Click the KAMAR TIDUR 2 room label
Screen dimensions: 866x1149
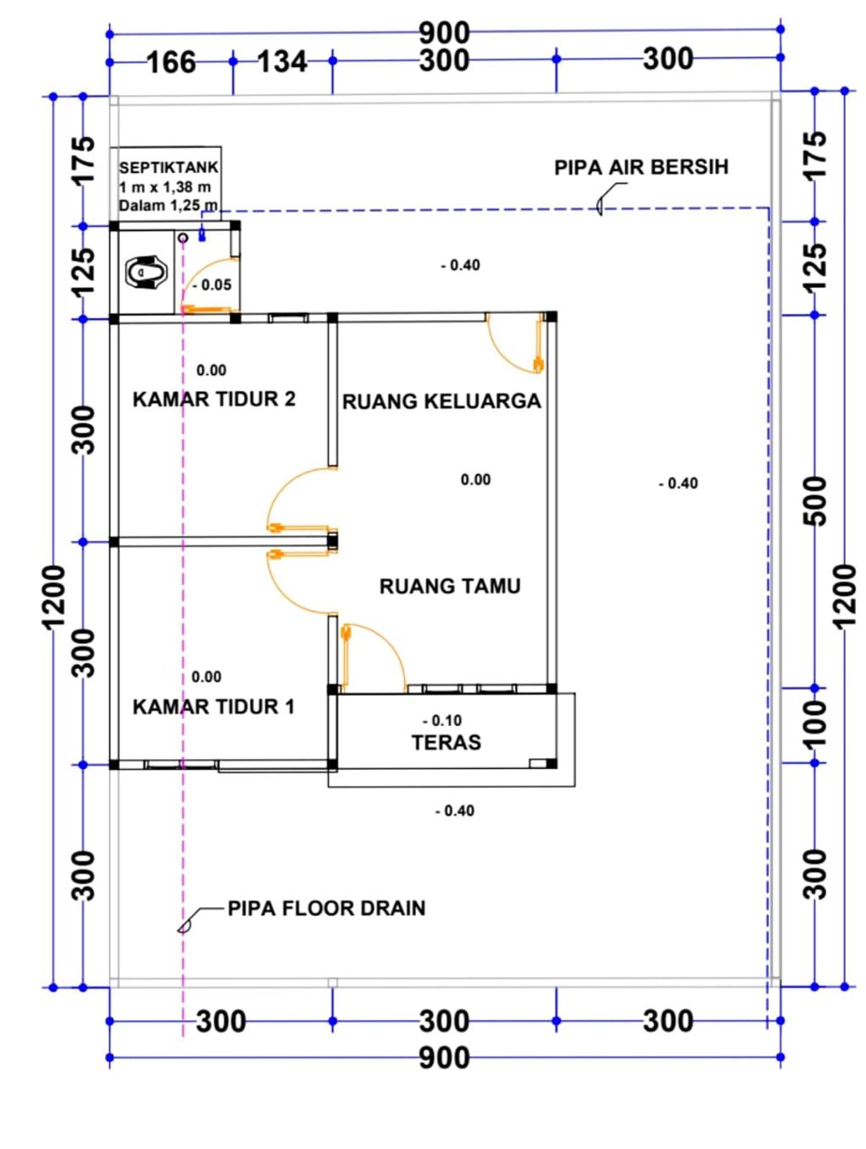[x=213, y=399]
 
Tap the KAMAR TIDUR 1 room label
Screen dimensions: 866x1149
[x=213, y=706]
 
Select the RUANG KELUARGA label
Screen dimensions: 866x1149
[x=441, y=402]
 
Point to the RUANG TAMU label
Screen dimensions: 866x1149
[x=450, y=585]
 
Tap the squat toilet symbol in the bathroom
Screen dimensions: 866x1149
[x=146, y=272]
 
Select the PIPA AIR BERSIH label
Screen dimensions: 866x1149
[x=641, y=168]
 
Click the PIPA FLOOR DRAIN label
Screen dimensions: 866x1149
[x=326, y=908]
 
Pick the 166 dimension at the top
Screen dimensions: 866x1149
[x=172, y=63]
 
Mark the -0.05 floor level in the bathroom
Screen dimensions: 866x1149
[x=212, y=285]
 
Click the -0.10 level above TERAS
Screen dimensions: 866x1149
[x=442, y=721]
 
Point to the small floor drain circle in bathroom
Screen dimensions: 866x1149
[x=183, y=238]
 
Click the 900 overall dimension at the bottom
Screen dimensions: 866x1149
[x=444, y=1058]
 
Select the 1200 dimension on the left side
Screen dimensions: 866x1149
[x=54, y=597]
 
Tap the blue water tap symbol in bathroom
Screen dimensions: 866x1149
[x=202, y=236]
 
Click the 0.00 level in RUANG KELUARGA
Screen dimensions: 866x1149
[x=475, y=480]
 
